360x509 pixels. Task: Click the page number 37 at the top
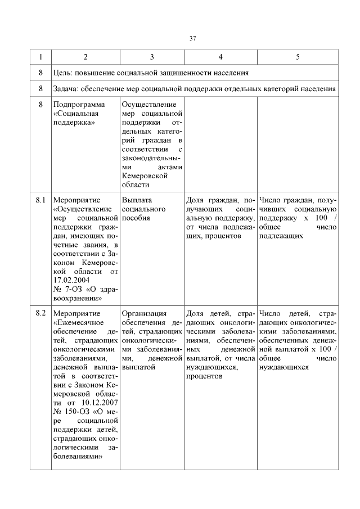pos(192,38)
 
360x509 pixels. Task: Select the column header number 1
pos(40,57)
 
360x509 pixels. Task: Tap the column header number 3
pos(152,57)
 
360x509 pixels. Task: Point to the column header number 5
pos(298,57)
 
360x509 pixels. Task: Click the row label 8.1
pos(40,200)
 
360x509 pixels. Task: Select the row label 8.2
pos(40,313)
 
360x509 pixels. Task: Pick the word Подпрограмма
pos(79,105)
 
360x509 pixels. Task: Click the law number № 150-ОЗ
pos(73,412)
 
